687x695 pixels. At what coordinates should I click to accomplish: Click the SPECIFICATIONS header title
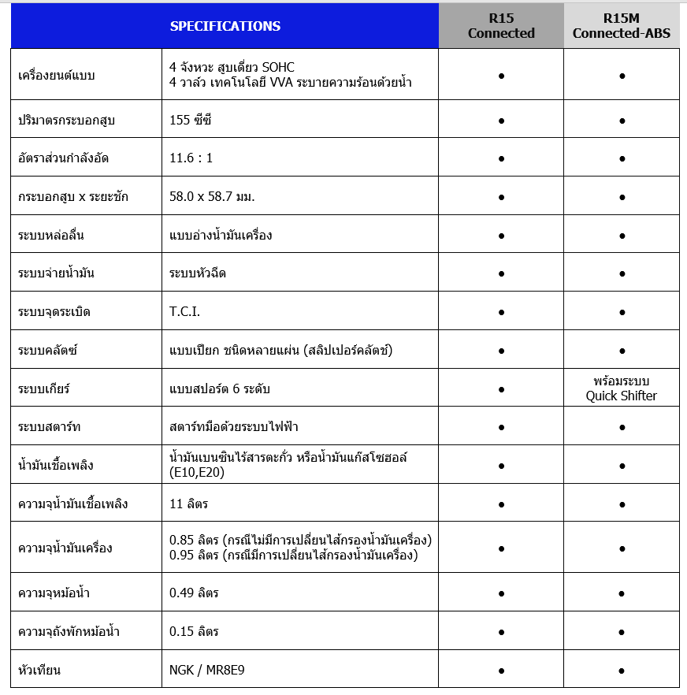coord(225,26)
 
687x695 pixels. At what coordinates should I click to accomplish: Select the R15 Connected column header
coord(501,26)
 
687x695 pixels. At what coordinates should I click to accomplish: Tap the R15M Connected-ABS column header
coord(622,26)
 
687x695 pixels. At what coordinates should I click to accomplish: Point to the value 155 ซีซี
coord(191,121)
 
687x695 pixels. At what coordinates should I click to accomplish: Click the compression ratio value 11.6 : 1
coord(191,158)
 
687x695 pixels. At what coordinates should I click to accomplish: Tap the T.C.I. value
coord(185,312)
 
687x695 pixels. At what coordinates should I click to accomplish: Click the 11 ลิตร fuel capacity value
coord(189,504)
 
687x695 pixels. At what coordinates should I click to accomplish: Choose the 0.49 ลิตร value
coord(194,593)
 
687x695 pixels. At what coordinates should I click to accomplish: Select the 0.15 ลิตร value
coord(194,632)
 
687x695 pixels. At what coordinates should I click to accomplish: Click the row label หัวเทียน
coord(39,671)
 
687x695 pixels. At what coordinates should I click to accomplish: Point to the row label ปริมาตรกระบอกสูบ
coord(68,121)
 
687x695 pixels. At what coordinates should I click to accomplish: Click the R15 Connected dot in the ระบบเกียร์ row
coord(501,389)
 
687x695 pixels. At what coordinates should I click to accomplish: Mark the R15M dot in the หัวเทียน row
coord(622,671)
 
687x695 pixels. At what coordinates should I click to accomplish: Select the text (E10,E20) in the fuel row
coord(197,473)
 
